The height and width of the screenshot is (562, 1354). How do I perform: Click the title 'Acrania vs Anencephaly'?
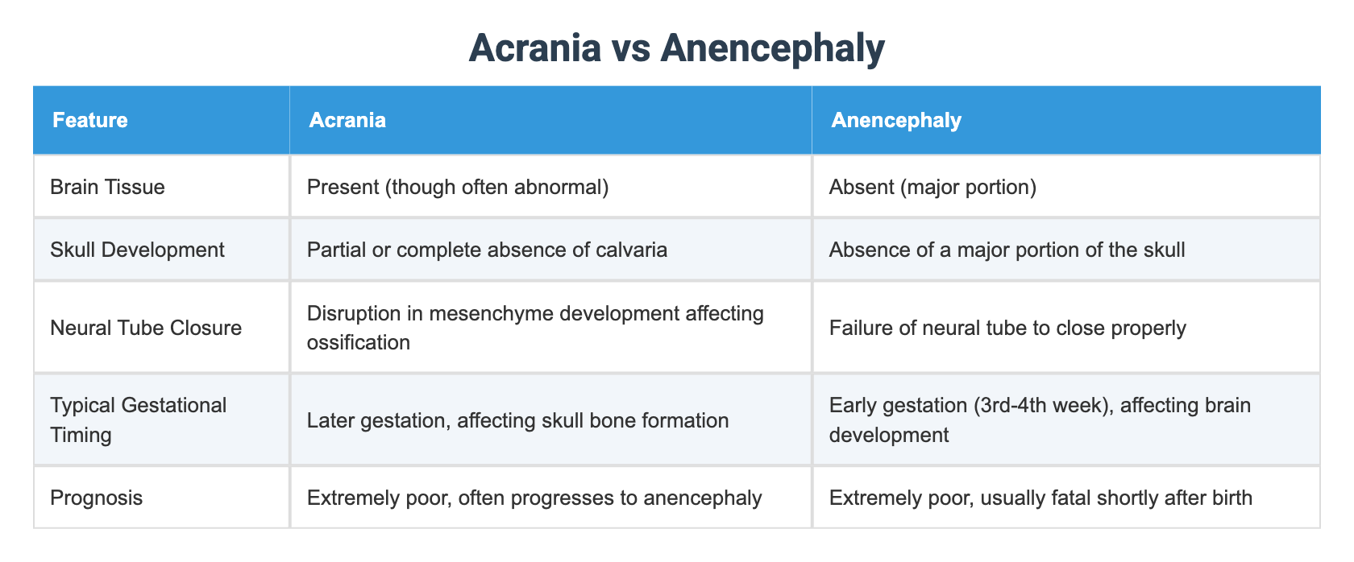point(676,48)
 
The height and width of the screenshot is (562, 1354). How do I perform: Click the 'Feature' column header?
point(90,120)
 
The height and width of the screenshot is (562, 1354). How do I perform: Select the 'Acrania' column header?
point(347,120)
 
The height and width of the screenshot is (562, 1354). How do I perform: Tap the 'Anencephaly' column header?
point(896,120)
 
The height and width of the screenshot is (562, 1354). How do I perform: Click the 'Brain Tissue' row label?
point(107,187)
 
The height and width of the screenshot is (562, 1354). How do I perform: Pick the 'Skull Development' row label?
point(137,250)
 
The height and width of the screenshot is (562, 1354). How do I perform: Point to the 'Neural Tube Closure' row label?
point(146,328)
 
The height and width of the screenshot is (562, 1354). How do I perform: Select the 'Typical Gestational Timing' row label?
point(138,419)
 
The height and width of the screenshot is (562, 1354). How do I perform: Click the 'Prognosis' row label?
point(96,498)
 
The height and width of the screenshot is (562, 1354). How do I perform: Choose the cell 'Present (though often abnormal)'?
point(458,187)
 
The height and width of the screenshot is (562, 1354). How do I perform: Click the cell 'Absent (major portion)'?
point(932,187)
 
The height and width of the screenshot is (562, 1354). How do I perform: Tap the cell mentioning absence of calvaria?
point(487,250)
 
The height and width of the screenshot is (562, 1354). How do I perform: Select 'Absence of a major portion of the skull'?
point(1007,250)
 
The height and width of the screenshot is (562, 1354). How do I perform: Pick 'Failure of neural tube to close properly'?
point(1007,328)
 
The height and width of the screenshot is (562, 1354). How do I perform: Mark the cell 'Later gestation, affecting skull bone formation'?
point(517,419)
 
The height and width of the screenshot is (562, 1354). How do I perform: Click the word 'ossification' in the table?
point(359,343)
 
